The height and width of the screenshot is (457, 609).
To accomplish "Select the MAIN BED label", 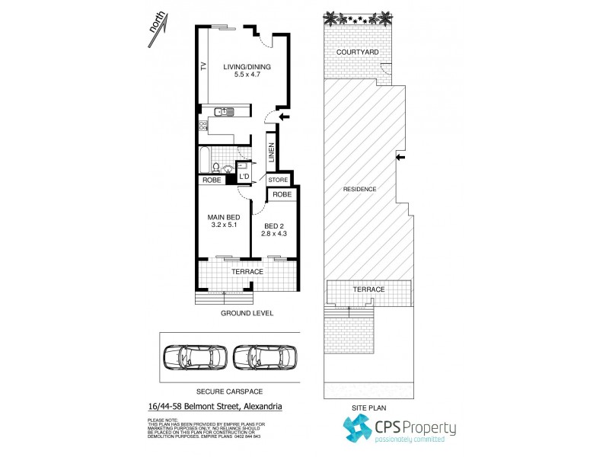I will pyautogui.click(x=224, y=216).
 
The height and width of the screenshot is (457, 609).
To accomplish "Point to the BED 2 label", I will pyautogui.click(x=275, y=226).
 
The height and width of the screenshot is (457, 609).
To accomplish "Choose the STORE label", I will pyautogui.click(x=277, y=181).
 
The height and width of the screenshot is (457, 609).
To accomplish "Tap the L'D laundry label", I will pyautogui.click(x=244, y=177).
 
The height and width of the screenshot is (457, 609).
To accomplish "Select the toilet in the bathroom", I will pyautogui.click(x=217, y=168).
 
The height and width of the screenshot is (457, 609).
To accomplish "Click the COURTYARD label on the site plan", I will pyautogui.click(x=356, y=53).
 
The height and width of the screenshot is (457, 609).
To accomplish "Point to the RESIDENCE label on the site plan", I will pyautogui.click(x=359, y=188).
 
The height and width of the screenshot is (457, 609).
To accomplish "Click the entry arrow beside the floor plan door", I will pyautogui.click(x=284, y=117).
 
